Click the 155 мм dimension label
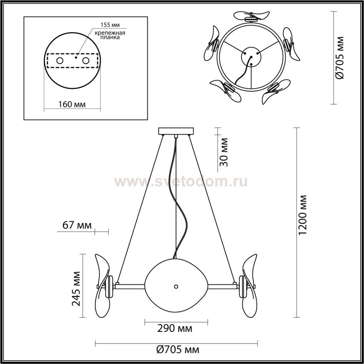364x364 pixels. (110, 25)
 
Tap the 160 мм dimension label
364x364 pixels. (72, 104)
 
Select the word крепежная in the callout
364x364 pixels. (110, 33)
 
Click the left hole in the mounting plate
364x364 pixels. (60, 61)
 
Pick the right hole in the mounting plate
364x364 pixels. (86, 61)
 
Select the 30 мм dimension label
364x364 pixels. (224, 152)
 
